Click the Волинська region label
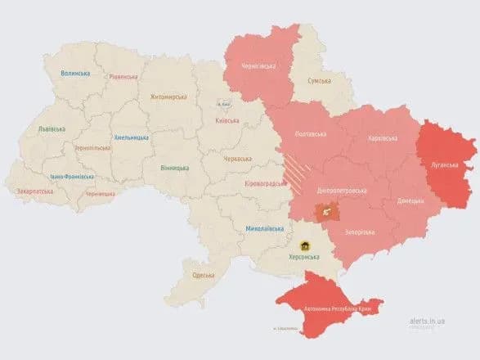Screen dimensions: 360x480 [75, 74]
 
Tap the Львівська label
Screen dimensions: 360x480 [53, 129]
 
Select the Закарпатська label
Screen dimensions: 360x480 [34, 191]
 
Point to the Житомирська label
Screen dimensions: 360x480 [169, 97]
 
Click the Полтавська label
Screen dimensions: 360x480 [310, 134]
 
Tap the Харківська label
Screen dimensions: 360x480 [384, 138]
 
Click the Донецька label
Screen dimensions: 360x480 [410, 200]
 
